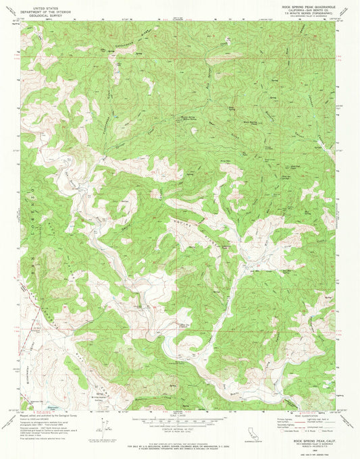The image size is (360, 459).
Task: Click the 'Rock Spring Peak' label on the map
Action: coord(253,123)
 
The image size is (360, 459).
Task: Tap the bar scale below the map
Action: coord(179,424)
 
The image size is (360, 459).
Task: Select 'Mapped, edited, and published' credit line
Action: coord(47,414)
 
